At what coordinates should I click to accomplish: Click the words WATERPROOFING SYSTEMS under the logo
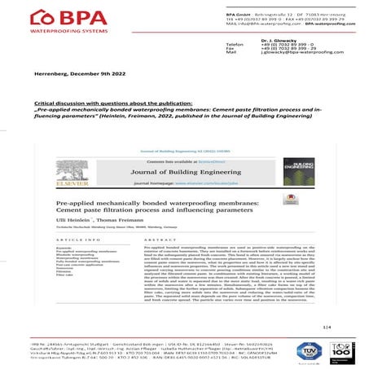coord(52,30)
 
